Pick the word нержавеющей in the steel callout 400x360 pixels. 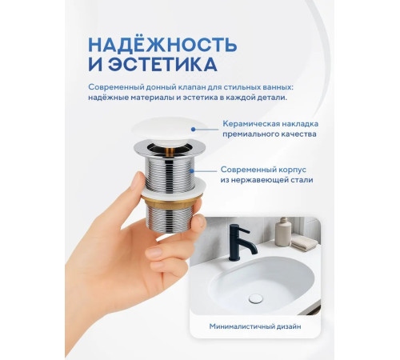tap(270, 181)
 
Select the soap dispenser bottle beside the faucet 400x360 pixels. tap(282, 233)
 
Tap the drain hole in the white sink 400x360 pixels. tap(256, 298)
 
